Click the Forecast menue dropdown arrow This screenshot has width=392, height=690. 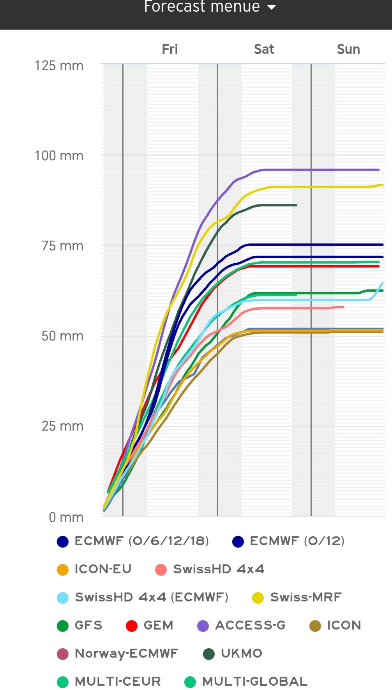[272, 7]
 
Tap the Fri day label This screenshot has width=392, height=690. [170, 49]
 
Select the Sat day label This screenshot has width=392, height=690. [264, 49]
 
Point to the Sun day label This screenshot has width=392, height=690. [348, 49]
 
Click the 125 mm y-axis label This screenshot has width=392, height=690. [59, 66]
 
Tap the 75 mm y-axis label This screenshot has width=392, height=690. [62, 246]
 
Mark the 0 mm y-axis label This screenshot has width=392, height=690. [66, 517]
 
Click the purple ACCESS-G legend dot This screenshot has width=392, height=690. [203, 626]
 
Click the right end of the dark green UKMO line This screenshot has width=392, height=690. [296, 205]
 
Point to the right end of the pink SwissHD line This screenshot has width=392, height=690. [343, 307]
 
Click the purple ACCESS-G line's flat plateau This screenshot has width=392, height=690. [320, 170]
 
